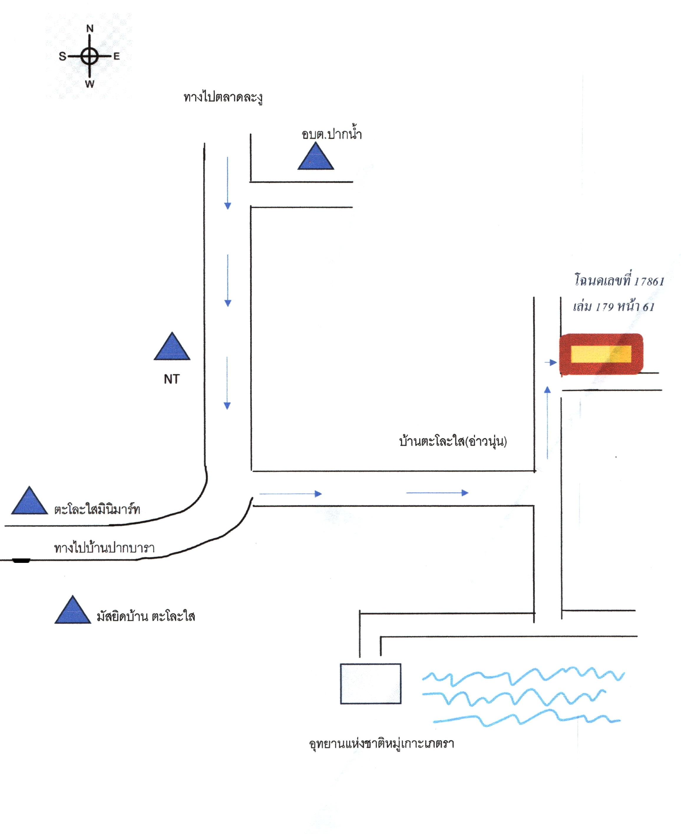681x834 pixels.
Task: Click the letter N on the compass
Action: click(x=90, y=29)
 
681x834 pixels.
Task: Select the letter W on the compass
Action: click(x=90, y=84)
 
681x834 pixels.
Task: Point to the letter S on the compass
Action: click(x=62, y=57)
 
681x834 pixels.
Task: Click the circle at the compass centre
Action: click(x=90, y=56)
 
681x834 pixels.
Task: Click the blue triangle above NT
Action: click(x=172, y=346)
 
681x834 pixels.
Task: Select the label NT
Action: click(x=172, y=379)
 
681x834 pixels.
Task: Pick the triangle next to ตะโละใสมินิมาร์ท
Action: click(x=29, y=501)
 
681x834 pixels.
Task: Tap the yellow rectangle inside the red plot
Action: click(x=601, y=354)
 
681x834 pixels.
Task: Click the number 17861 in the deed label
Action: click(x=649, y=281)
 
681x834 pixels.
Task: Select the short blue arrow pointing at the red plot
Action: click(x=551, y=362)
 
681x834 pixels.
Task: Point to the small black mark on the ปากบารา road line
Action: click(x=21, y=561)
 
